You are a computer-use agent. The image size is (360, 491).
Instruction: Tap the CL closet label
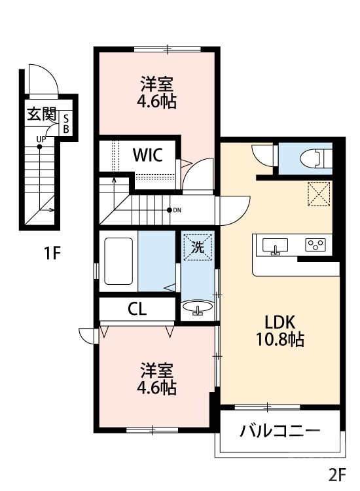click(137, 310)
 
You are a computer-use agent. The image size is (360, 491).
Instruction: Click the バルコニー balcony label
click(279, 431)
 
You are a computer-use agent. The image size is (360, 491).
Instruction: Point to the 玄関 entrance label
click(41, 115)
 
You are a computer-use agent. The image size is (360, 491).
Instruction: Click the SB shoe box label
click(65, 123)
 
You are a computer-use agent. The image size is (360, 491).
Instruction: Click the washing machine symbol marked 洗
click(196, 247)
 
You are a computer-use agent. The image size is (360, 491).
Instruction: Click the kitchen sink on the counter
click(276, 245)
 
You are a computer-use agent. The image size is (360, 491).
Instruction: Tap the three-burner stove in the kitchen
click(315, 245)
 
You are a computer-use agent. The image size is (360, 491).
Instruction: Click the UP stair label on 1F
click(41, 139)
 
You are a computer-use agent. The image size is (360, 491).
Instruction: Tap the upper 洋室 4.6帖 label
click(157, 92)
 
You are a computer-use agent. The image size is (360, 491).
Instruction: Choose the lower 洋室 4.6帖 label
click(156, 378)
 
